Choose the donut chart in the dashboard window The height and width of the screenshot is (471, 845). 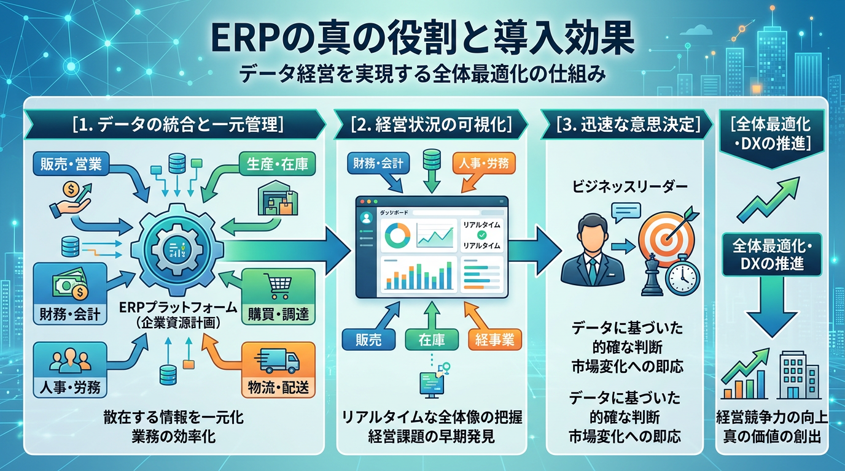click(395, 235)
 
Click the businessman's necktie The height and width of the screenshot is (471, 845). click(593, 267)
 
